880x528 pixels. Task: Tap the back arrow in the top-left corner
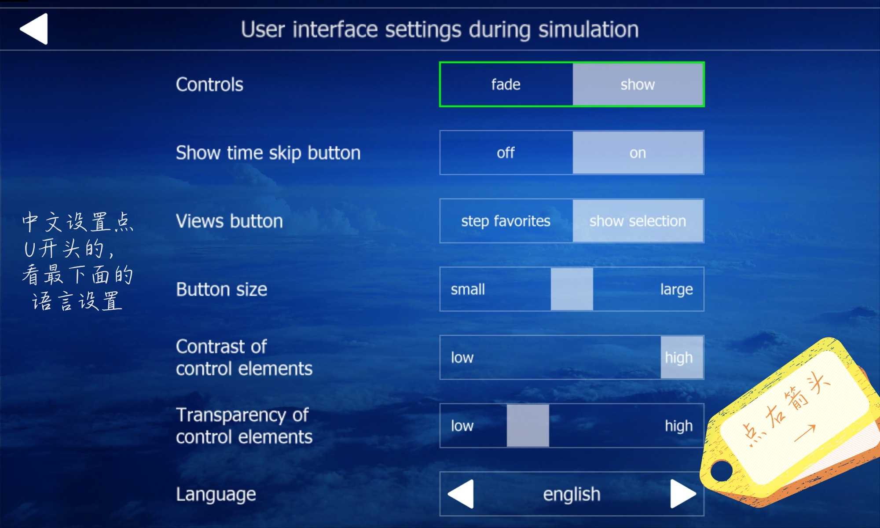(34, 29)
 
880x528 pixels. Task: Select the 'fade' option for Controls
(506, 84)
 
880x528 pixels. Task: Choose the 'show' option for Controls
(638, 84)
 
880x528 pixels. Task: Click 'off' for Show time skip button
(506, 153)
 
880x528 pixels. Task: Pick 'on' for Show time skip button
(638, 153)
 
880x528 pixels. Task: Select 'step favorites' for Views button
(506, 221)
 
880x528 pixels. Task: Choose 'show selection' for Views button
(638, 221)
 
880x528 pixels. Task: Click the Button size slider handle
(572, 289)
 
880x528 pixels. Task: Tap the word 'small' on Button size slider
(468, 289)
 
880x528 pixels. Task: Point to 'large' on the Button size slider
(676, 290)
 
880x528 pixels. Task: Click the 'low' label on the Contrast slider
(462, 357)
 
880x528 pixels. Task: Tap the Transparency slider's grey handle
(528, 425)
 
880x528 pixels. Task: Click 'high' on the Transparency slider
(678, 425)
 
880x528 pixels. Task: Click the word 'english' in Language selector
(572, 494)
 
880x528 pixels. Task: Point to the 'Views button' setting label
(229, 221)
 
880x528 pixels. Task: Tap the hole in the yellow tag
(720, 470)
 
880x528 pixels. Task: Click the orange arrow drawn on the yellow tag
(805, 433)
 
